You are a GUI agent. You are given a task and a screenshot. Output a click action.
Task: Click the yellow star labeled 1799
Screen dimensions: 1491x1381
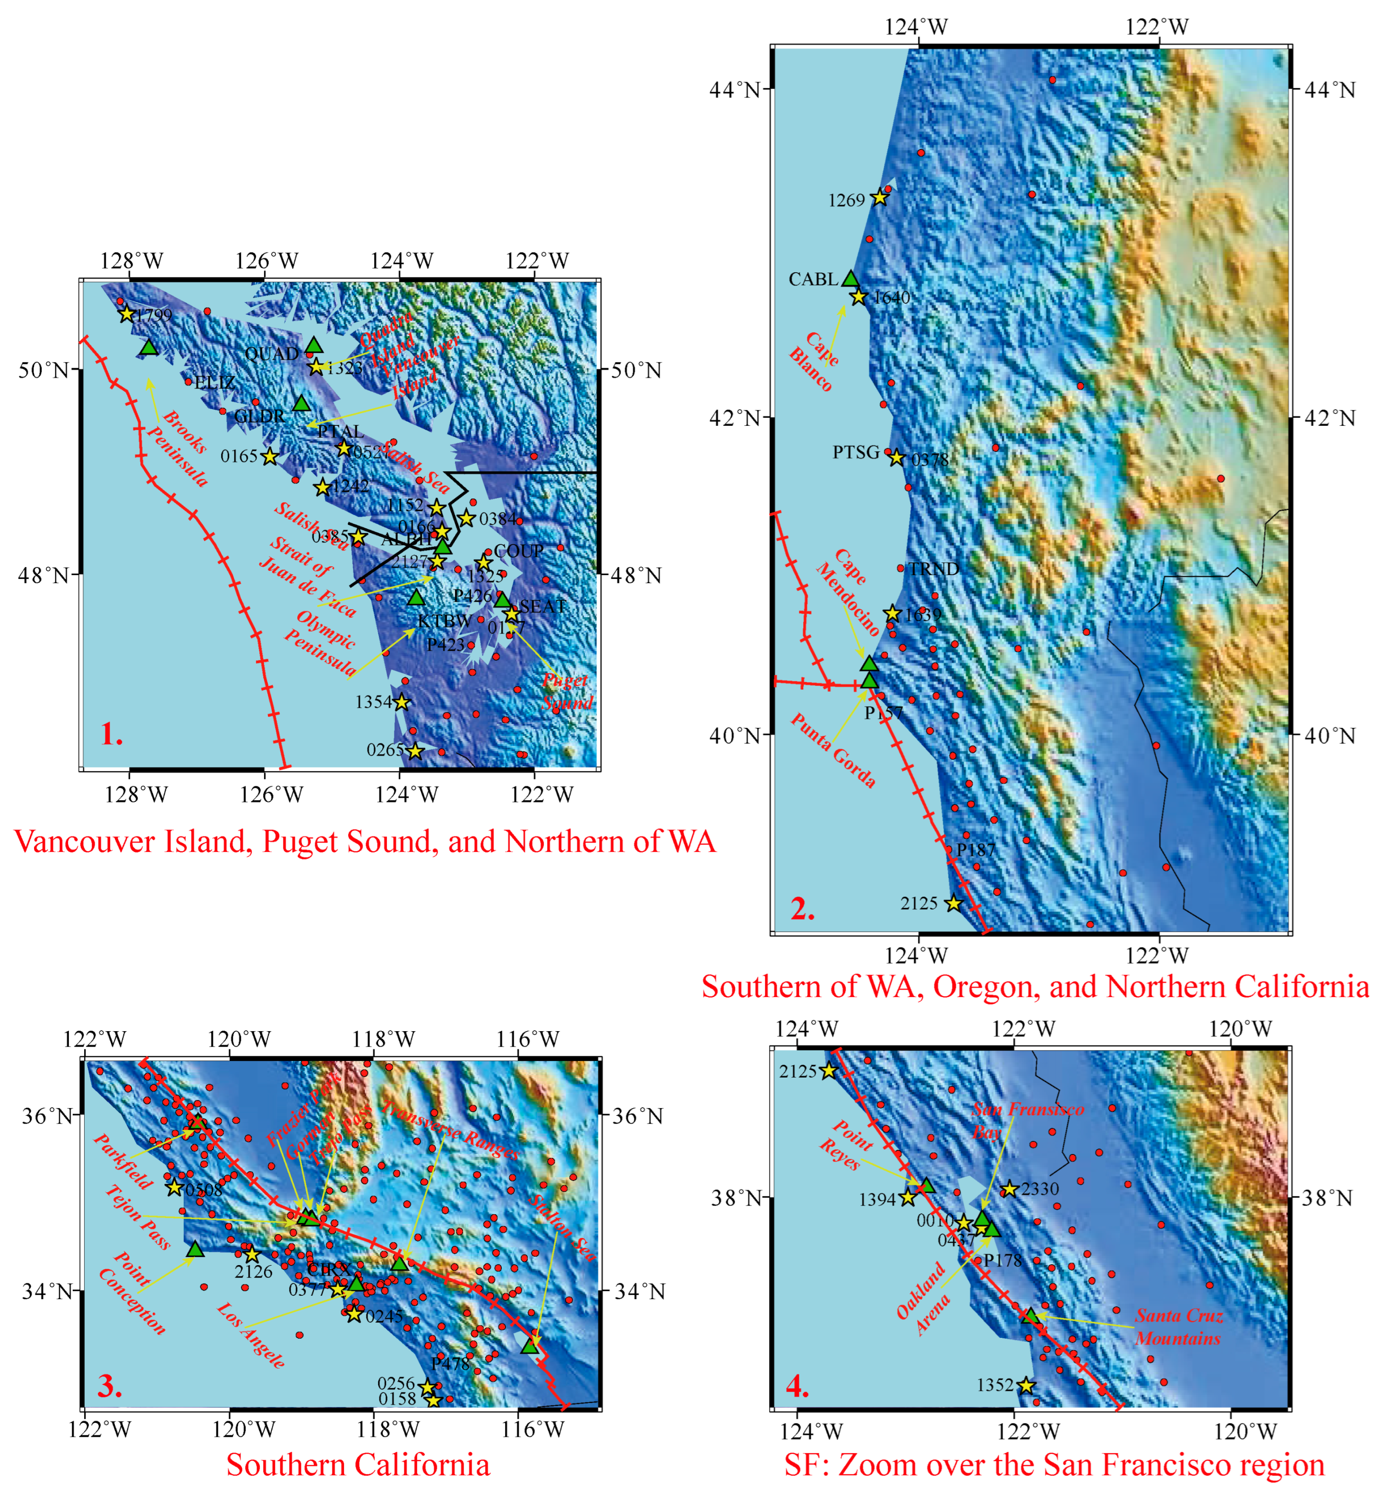tap(126, 314)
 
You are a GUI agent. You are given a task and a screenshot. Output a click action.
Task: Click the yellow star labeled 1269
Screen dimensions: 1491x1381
tap(880, 198)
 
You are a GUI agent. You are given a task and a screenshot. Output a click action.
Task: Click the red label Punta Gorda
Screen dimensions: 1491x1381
tap(833, 750)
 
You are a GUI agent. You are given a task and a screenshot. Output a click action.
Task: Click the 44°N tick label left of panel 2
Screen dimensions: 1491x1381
tap(734, 90)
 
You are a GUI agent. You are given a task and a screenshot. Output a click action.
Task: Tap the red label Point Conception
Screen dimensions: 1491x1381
tap(132, 1293)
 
